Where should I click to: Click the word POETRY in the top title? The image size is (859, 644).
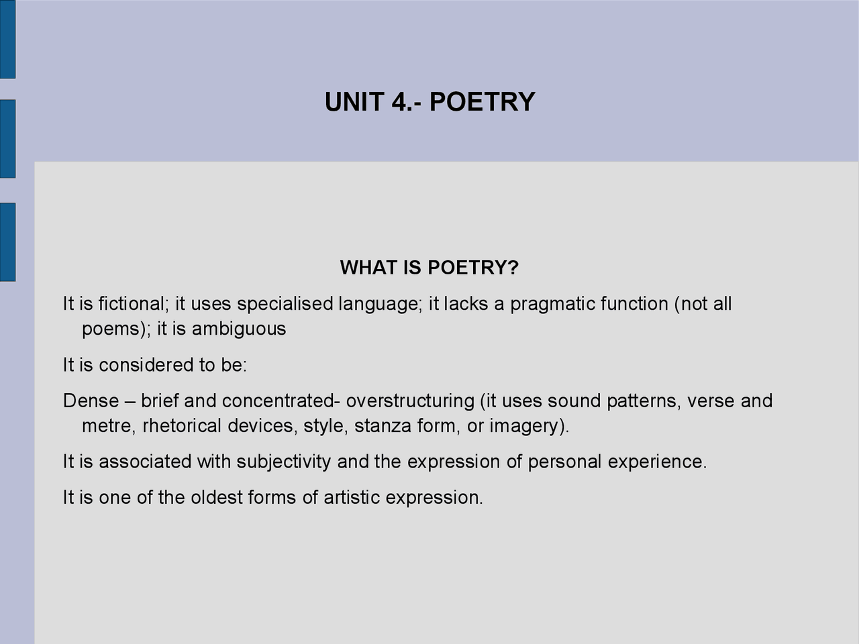(482, 102)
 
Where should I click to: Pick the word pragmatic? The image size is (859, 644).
(552, 304)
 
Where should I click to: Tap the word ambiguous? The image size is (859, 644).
(239, 329)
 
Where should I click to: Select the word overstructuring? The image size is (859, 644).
(410, 401)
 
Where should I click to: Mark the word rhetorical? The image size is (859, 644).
(182, 426)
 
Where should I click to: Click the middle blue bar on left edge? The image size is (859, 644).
(7, 139)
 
